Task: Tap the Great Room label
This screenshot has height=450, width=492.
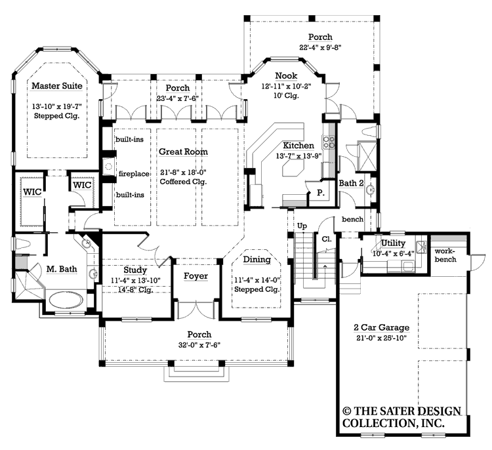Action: click(x=183, y=152)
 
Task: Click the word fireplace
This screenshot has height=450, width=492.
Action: click(x=134, y=174)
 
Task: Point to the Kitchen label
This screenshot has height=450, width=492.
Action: click(x=298, y=145)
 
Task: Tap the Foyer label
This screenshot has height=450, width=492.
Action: click(x=195, y=276)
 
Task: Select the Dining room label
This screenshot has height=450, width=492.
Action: click(x=256, y=260)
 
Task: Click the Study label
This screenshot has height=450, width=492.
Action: click(x=135, y=270)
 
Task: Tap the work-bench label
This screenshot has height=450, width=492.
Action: click(x=445, y=255)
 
